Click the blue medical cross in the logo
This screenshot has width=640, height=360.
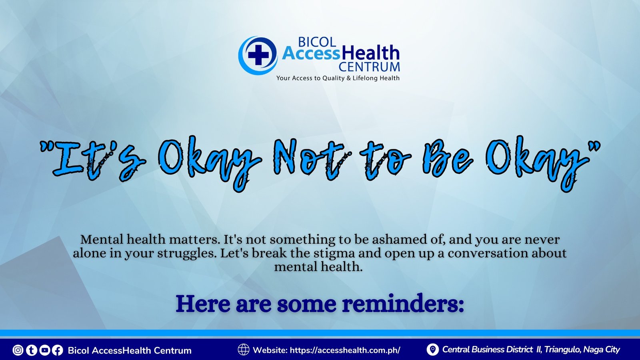click(258, 54)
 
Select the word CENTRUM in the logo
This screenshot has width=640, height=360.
click(369, 66)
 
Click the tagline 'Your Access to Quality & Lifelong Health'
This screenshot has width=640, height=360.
click(338, 78)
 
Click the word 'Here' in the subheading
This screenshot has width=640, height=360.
click(202, 304)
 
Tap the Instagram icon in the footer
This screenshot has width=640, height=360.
click(18, 350)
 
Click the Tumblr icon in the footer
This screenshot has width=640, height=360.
click(32, 350)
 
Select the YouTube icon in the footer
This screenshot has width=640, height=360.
click(44, 350)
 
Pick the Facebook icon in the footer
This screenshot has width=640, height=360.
click(58, 350)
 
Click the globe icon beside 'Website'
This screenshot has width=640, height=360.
click(244, 350)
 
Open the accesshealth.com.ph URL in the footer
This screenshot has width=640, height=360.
click(345, 350)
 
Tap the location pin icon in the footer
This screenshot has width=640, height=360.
click(432, 350)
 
